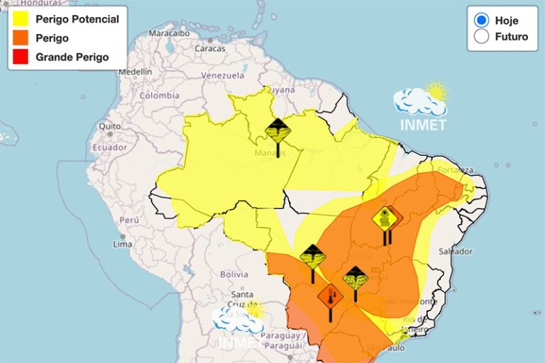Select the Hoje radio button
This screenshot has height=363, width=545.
pos(482,20)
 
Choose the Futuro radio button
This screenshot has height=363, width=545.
pos(482,37)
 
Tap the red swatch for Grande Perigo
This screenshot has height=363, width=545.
pos(20,57)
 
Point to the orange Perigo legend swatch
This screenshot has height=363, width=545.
pos(20,38)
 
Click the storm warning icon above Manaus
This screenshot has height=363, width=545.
pos(277,131)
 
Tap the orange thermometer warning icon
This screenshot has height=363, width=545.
pos(330,296)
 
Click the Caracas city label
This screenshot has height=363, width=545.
pos(209,49)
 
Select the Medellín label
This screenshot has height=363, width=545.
pos(135,72)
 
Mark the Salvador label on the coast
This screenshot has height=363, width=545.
pos(456,252)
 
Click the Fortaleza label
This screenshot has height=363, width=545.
pos(456,170)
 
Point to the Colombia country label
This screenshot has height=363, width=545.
pos(159,95)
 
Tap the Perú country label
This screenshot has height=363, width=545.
pos(128,220)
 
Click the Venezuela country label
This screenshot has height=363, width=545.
pos(222,76)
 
